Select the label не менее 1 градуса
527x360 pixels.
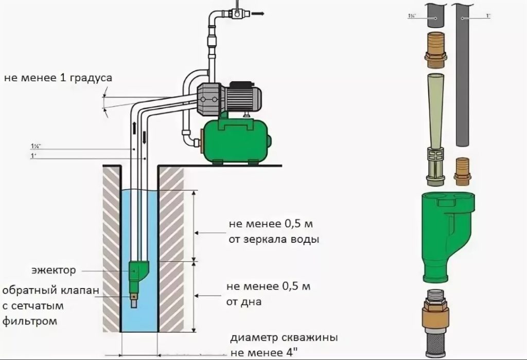(58, 78)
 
